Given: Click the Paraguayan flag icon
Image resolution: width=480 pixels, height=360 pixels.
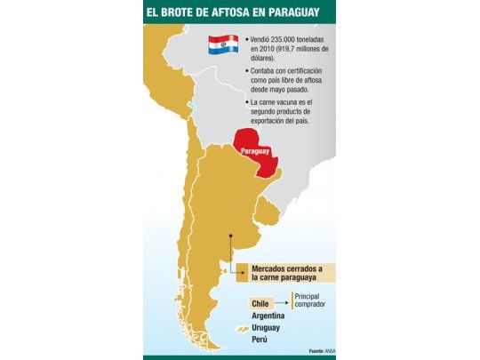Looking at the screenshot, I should tap(223, 44).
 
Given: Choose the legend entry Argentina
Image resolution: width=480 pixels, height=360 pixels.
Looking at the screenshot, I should tap(268, 316).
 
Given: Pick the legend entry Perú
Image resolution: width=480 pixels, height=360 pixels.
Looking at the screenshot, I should tap(260, 340).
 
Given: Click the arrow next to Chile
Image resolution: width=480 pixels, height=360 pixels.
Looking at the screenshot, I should tap(282, 303).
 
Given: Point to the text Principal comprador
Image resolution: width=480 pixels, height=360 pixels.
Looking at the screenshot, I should tap(310, 300).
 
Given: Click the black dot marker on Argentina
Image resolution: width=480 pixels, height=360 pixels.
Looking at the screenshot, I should tap(231, 236).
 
